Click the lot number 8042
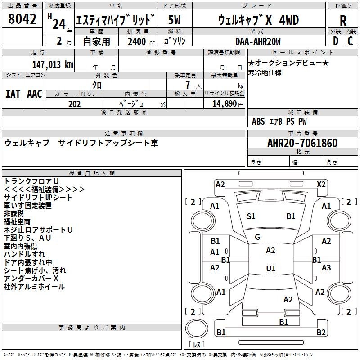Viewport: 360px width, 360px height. (x=22, y=19)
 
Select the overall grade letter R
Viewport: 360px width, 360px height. (x=343, y=20)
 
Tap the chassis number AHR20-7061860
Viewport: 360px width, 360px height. (x=302, y=143)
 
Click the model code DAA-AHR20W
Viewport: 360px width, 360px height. (x=258, y=41)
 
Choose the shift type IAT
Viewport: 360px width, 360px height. (x=13, y=94)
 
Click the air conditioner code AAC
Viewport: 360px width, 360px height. (x=35, y=94)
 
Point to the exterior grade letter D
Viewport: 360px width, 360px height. (x=335, y=41)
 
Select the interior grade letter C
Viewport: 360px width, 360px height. (x=350, y=41)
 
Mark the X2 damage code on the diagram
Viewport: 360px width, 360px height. (x=321, y=184)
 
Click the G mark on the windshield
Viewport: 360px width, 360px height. (x=257, y=237)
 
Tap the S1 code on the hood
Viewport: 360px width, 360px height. (x=251, y=216)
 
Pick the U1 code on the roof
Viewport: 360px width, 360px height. (x=270, y=269)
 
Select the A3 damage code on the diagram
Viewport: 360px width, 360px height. (x=326, y=268)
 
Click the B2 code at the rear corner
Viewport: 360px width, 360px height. (x=321, y=333)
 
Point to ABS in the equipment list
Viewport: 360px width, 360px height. (x=258, y=121)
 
